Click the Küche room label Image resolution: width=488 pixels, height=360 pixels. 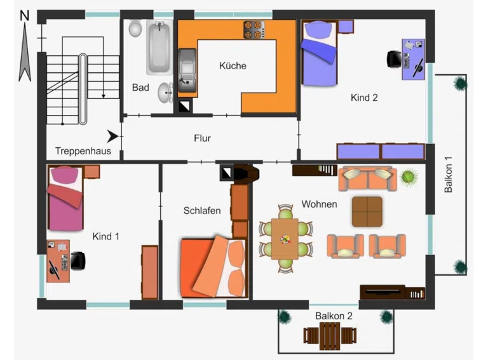[x=233, y=65]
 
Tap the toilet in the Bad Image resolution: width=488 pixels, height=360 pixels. [x=135, y=29]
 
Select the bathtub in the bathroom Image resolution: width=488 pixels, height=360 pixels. [x=159, y=47]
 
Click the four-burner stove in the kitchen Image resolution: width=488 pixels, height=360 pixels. [x=254, y=30]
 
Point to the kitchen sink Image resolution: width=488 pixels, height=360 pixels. [x=187, y=71]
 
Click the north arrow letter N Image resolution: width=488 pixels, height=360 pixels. [x=25, y=15]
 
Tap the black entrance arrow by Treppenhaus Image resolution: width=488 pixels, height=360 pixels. [x=112, y=137]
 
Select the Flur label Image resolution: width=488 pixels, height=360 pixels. [x=202, y=138]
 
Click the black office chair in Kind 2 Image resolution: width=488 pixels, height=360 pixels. [x=395, y=59]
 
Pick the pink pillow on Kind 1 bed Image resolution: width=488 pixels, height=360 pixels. [x=65, y=175]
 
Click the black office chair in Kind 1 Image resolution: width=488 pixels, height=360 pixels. [x=78, y=261]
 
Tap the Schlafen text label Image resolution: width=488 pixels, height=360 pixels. [x=202, y=210]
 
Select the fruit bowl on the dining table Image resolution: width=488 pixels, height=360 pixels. [x=285, y=239]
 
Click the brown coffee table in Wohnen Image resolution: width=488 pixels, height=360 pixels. [x=367, y=211]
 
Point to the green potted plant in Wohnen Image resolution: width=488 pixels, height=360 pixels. [x=409, y=177]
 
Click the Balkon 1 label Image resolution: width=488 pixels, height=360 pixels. [x=448, y=175]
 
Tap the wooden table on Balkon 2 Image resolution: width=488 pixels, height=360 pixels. [x=330, y=336]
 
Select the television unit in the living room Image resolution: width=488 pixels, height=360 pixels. [x=383, y=292]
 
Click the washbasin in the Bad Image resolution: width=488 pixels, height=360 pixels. [x=165, y=93]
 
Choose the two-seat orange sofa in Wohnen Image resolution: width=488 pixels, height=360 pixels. [x=367, y=179]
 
